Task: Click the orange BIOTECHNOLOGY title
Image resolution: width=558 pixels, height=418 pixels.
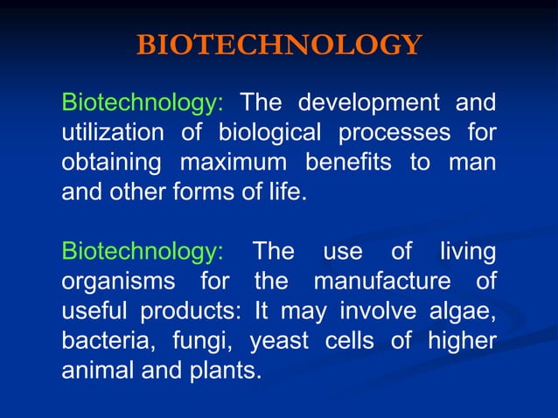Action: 279,45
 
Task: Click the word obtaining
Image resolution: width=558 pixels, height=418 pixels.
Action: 111,163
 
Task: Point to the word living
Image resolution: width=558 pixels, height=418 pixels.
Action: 466,253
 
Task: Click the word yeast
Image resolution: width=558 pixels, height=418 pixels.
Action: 279,342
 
